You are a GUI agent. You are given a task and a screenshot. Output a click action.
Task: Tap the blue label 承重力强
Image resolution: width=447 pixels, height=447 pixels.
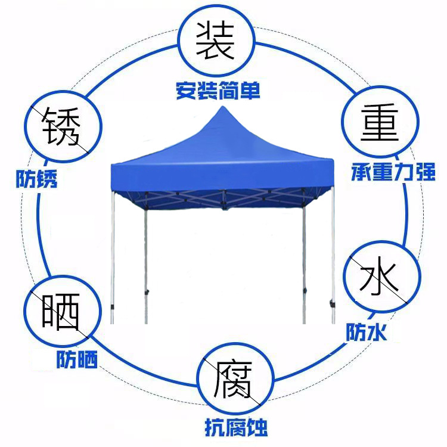tap(393, 174)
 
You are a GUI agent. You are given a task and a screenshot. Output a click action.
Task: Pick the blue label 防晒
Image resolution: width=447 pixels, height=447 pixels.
tap(77, 359)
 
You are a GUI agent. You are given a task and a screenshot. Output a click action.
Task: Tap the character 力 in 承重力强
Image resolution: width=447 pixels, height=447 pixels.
tap(404, 174)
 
